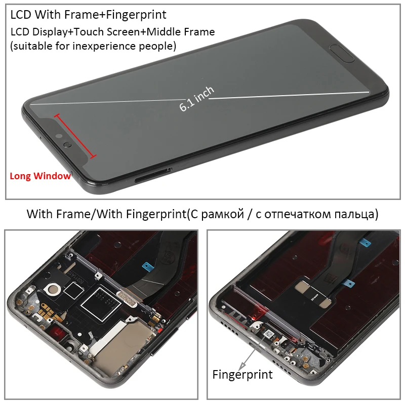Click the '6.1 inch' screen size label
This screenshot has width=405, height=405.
click(x=197, y=99)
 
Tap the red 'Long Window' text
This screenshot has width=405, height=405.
click(x=40, y=176)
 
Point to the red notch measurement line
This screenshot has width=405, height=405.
click(x=75, y=136)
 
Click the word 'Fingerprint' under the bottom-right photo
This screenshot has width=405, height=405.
click(x=242, y=375)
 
